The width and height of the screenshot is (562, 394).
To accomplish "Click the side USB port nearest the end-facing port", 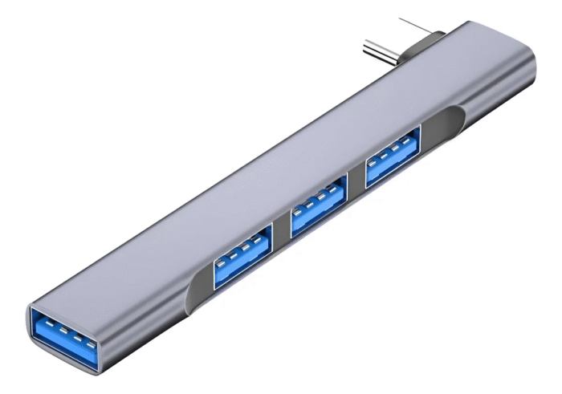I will (x=241, y=256).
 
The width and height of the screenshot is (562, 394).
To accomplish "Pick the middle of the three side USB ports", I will (x=317, y=211).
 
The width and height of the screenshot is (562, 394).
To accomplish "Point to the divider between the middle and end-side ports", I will (x=280, y=237).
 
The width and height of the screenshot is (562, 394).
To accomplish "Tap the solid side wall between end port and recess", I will (x=149, y=321).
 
